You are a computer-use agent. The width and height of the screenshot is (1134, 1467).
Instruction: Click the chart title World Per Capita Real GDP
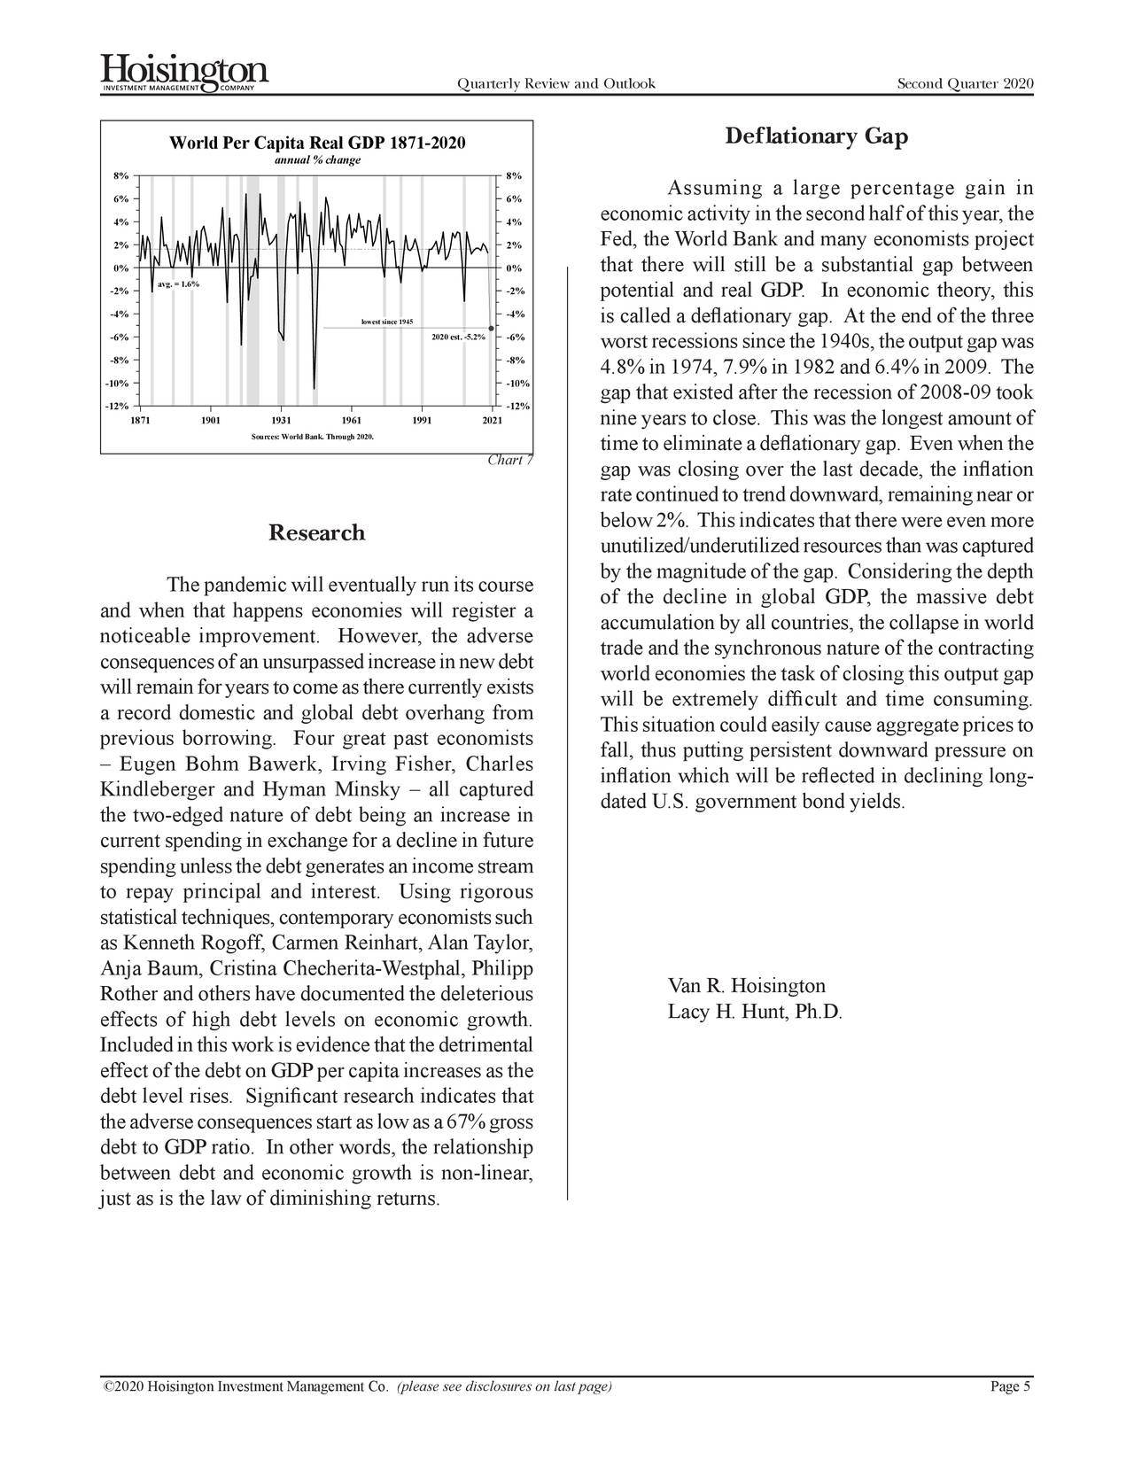(x=316, y=144)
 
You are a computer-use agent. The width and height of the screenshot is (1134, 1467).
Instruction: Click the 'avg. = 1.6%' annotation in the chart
(x=178, y=284)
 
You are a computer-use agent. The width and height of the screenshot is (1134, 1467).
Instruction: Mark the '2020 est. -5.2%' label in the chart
(x=458, y=337)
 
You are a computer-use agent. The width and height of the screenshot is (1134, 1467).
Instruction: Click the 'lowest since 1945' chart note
(x=387, y=321)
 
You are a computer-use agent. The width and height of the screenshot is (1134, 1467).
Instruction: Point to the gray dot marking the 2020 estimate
(x=491, y=329)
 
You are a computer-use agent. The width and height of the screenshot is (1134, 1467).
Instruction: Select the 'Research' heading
(x=316, y=533)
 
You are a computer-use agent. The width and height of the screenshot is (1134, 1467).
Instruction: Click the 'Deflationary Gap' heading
(x=816, y=136)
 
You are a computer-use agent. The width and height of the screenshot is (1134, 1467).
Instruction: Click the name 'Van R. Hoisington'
(x=746, y=986)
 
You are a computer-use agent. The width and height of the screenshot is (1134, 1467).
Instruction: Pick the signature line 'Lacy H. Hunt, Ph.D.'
(x=754, y=1013)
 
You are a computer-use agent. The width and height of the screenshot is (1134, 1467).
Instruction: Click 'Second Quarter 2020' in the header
(x=965, y=84)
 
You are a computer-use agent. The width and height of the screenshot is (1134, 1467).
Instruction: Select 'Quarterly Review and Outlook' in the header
(x=555, y=84)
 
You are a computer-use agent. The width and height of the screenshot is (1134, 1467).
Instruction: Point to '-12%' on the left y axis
(x=115, y=407)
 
